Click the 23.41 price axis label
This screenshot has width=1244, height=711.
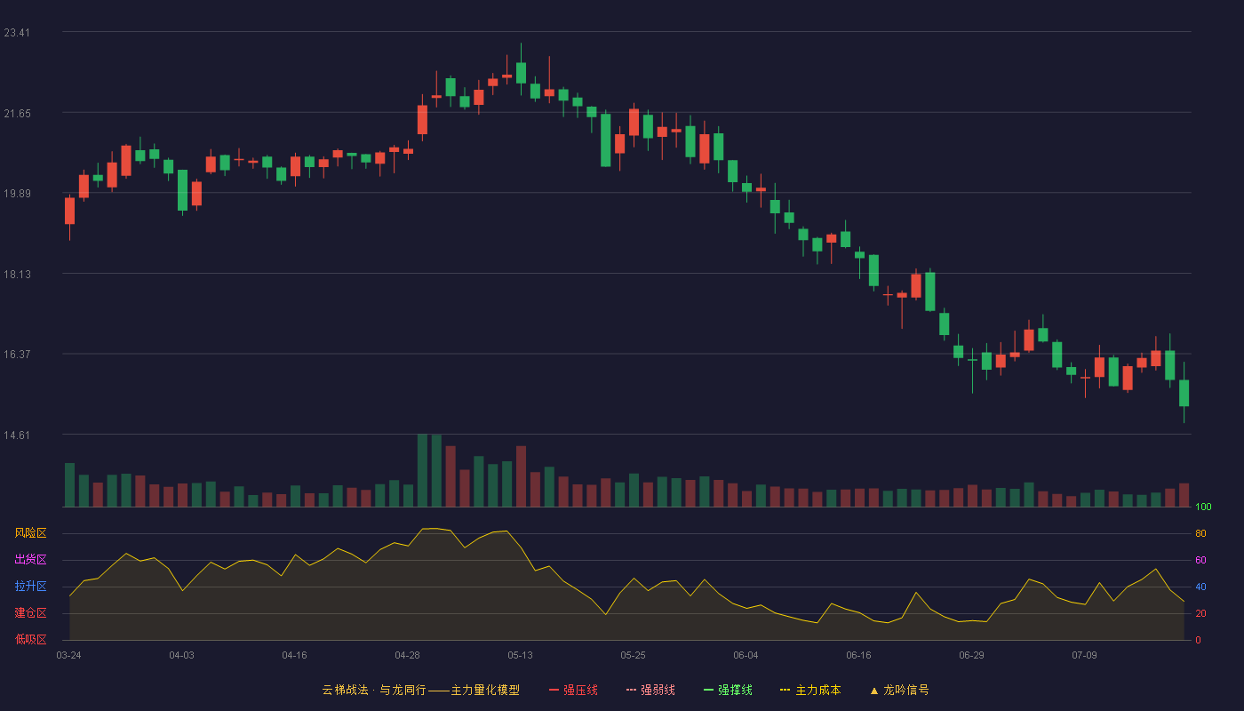point(17,33)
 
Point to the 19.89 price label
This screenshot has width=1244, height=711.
point(17,194)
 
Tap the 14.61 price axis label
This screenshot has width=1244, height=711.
point(17,435)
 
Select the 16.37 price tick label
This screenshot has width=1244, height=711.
point(17,355)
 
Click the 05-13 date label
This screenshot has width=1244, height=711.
point(520,656)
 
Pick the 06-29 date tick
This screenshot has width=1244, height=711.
point(971,656)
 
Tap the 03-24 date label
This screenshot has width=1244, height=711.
point(69,656)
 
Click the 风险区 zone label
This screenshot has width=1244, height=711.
point(30,533)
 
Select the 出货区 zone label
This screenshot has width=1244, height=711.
point(30,559)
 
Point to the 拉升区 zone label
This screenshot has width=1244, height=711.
point(30,586)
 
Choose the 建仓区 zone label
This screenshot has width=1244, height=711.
point(30,612)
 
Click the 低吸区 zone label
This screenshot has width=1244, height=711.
point(30,639)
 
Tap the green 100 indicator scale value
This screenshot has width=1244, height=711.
point(1203,507)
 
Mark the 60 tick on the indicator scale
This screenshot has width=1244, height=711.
point(1200,560)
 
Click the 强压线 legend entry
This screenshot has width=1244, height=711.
point(573,690)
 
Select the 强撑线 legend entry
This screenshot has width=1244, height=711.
point(728,690)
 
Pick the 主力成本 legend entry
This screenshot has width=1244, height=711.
point(810,690)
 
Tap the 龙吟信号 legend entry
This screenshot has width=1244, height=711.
point(899,690)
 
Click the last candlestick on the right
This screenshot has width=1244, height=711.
point(1184,393)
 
